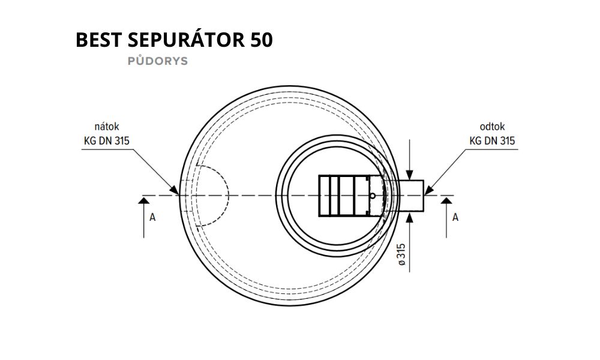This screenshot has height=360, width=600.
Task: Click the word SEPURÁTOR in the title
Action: [186, 39]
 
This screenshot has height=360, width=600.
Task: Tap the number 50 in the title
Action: [262, 40]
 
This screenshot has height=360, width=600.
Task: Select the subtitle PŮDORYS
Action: [158, 61]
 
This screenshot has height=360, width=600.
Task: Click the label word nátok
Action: [107, 127]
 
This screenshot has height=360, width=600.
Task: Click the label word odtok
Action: [492, 127]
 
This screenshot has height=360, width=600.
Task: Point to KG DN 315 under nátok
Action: [107, 141]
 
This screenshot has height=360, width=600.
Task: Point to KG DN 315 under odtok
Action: [492, 141]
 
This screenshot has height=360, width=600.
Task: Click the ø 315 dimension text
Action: [401, 254]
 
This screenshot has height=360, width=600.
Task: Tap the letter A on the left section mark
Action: [152, 217]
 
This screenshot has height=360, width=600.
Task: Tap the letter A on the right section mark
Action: [455, 217]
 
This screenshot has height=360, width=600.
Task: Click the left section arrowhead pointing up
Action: [144, 200]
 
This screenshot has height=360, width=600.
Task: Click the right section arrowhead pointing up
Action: [446, 200]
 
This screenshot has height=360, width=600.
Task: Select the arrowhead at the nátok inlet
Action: [175, 190]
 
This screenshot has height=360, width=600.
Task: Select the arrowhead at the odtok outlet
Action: [428, 190]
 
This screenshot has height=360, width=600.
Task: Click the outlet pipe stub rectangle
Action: [411, 196]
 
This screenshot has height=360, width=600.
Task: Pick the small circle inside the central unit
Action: [373, 196]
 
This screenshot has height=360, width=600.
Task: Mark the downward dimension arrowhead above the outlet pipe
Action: [410, 175]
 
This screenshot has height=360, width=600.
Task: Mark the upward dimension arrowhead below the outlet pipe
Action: [410, 216]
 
